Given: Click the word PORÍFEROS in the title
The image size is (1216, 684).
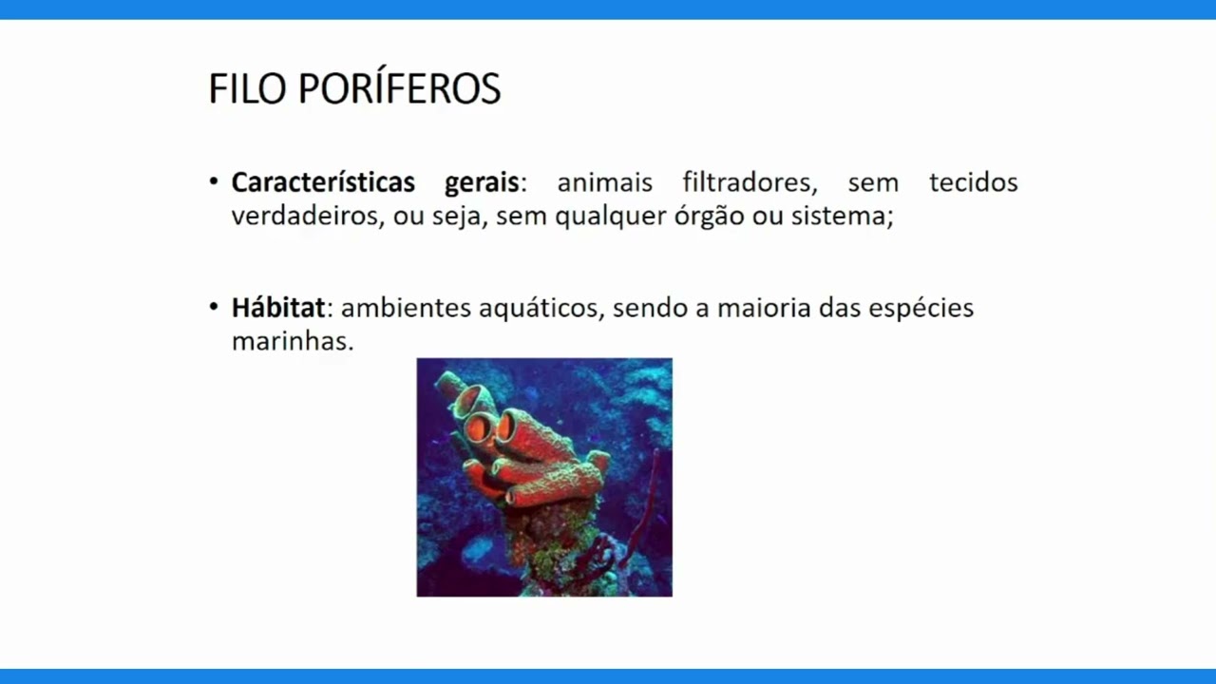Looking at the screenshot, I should pos(399,89).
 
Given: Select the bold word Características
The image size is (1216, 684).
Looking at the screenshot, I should pos(323,182).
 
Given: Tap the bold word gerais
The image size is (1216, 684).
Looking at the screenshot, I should pos(481,182).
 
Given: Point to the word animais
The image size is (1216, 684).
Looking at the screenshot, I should pos(604,182).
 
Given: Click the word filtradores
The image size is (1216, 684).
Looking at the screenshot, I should pos(750,182).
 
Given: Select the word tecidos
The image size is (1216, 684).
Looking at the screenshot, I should pos(973,182).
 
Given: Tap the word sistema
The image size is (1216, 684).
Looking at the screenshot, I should pos(842,217).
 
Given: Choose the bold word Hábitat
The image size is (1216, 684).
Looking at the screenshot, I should pos(277,308).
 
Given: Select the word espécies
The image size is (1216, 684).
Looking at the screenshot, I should pos(921,310).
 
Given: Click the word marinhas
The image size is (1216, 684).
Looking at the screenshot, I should pos(292,341).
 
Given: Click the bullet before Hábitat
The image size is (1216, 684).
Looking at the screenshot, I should pos(214,308).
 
